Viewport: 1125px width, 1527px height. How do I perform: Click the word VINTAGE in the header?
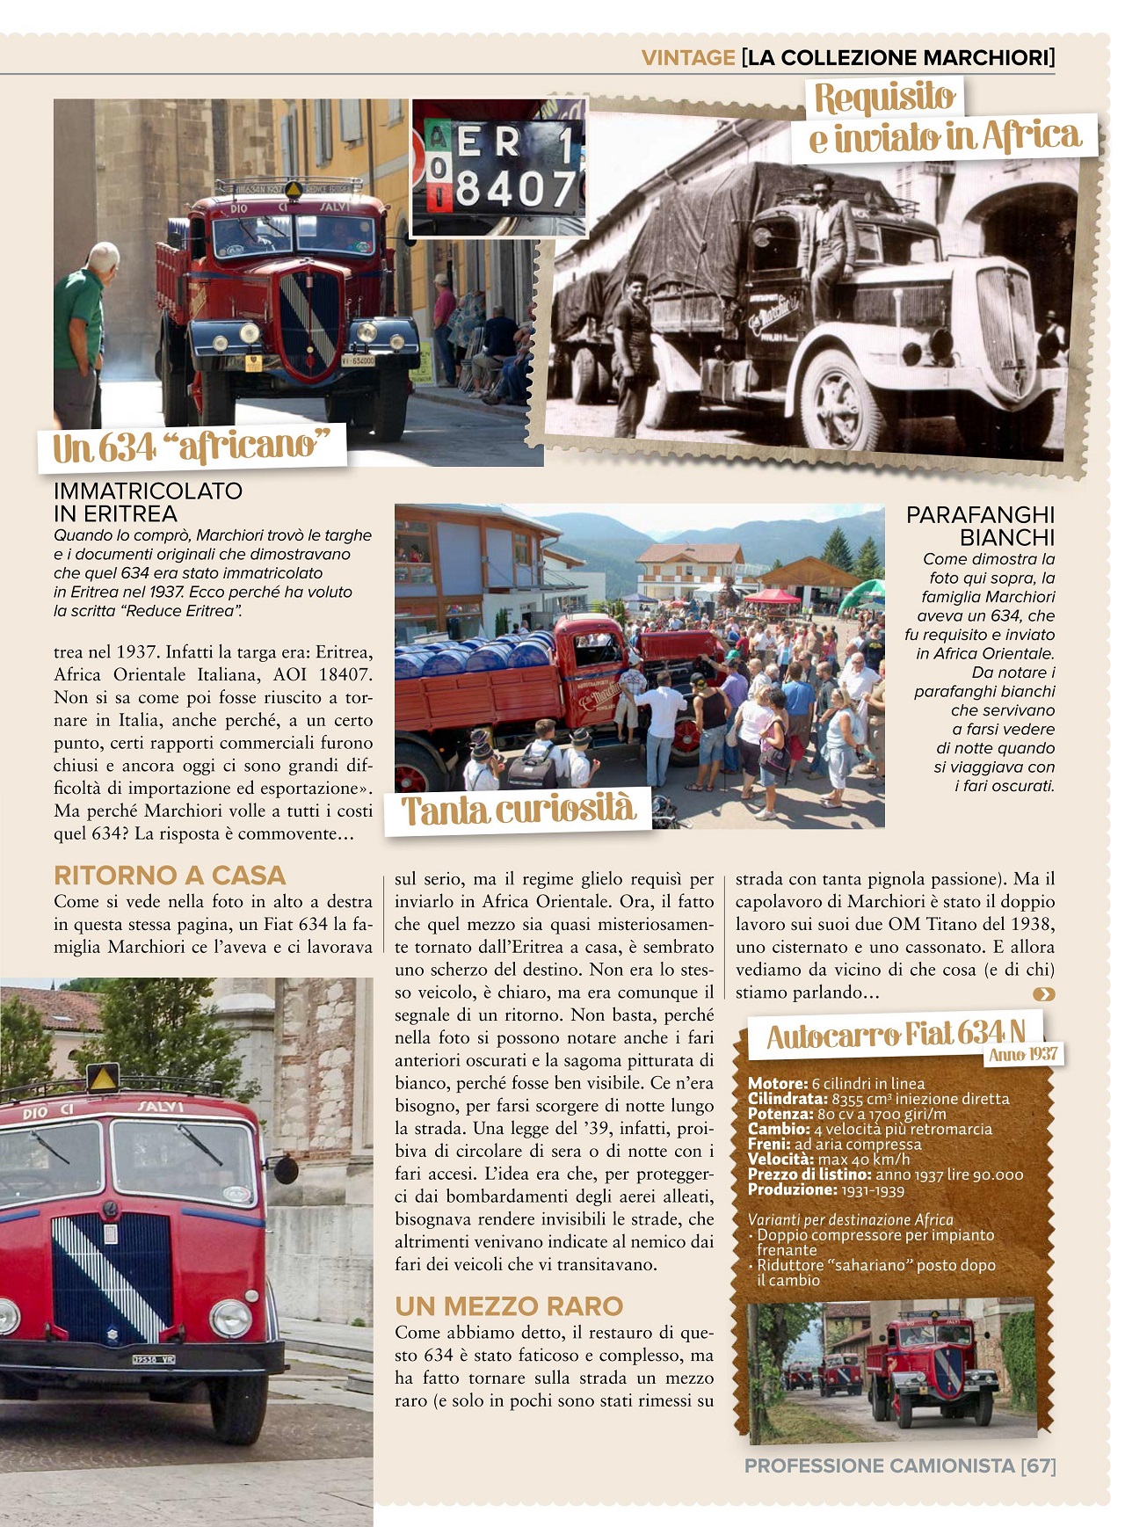(687, 58)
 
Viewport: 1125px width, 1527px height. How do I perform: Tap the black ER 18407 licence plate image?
(498, 167)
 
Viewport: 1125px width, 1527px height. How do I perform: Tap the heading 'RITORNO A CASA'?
(170, 875)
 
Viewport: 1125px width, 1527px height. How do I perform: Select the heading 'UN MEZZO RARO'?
(509, 1306)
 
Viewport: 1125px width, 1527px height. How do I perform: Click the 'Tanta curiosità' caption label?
(518, 810)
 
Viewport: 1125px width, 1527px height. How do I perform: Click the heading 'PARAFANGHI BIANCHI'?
(980, 526)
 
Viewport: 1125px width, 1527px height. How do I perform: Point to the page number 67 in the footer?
(1038, 1466)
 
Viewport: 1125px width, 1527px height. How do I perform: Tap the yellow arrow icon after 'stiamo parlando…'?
(1043, 994)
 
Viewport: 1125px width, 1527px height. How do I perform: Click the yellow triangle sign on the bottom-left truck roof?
(102, 1079)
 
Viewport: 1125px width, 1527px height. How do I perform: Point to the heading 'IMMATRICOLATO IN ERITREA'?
(148, 502)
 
